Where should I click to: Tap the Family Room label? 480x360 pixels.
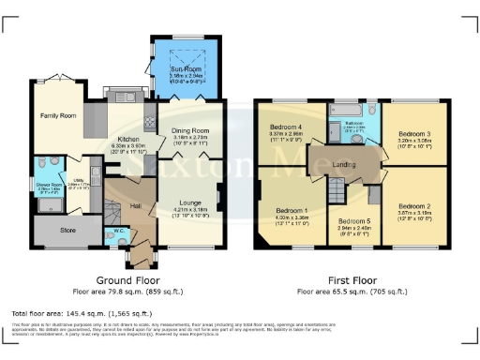(58, 115)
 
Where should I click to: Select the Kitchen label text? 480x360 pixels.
(126, 138)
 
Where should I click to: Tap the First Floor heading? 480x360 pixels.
(353, 279)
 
